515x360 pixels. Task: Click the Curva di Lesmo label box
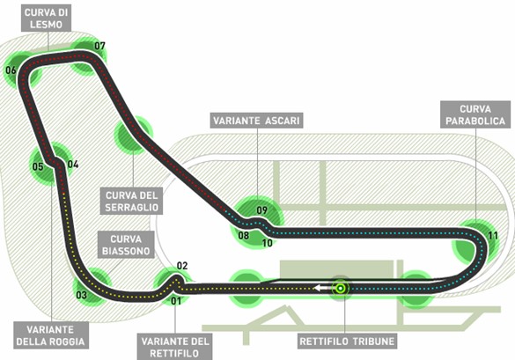pyautogui.click(x=46, y=18)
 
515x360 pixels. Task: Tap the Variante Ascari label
pyautogui.click(x=256, y=121)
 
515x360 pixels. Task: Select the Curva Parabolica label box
pyautogui.click(x=475, y=114)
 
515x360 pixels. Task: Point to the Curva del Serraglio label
pyautogui.click(x=131, y=201)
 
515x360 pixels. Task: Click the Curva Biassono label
pyautogui.click(x=126, y=245)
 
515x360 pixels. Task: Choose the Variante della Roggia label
pyautogui.click(x=51, y=335)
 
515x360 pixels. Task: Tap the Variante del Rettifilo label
pyautogui.click(x=174, y=347)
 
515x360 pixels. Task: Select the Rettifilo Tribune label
pyautogui.click(x=347, y=342)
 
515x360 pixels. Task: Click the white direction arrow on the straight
pyautogui.click(x=321, y=288)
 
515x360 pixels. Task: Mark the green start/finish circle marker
pyautogui.click(x=341, y=289)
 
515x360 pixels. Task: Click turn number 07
pyautogui.click(x=99, y=46)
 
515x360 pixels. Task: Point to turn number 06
pyautogui.click(x=11, y=70)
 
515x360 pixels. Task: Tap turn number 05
pyautogui.click(x=38, y=166)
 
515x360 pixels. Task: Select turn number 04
pyautogui.click(x=73, y=164)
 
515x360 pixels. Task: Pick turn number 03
pyautogui.click(x=82, y=295)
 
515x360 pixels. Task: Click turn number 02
pyautogui.click(x=182, y=266)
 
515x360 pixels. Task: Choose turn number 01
pyautogui.click(x=176, y=300)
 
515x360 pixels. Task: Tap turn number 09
pyautogui.click(x=262, y=209)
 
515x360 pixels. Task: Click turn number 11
pyautogui.click(x=493, y=236)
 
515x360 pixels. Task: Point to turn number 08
pyautogui.click(x=244, y=235)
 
